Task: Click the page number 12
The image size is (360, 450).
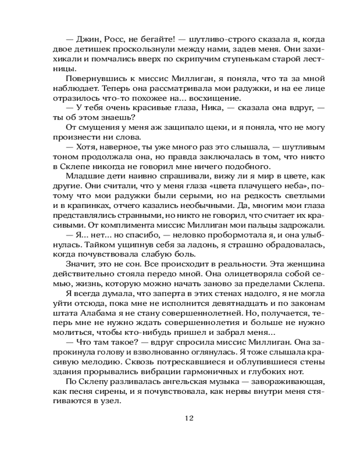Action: (189, 418)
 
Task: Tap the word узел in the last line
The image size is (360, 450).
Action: (112, 402)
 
